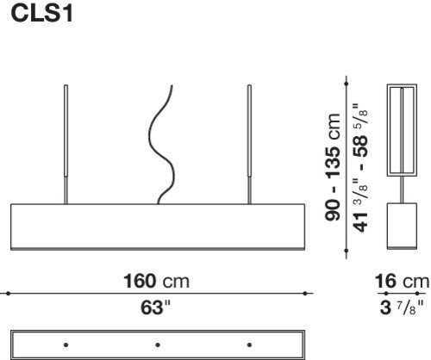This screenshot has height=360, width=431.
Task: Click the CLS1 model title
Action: click(42, 14)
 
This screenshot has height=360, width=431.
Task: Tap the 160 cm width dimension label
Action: click(156, 281)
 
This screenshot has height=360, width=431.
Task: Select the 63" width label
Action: click(155, 307)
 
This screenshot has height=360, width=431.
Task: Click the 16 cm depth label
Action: click(402, 282)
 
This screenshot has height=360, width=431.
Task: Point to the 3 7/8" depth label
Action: click(402, 307)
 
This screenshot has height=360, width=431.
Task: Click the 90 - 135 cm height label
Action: click(333, 167)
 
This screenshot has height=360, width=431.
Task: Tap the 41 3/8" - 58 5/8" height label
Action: click(360, 167)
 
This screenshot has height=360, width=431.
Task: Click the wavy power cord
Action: click(161, 145)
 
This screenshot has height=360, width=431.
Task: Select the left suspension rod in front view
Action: click(66, 145)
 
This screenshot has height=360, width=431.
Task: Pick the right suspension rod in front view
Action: click(249, 145)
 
